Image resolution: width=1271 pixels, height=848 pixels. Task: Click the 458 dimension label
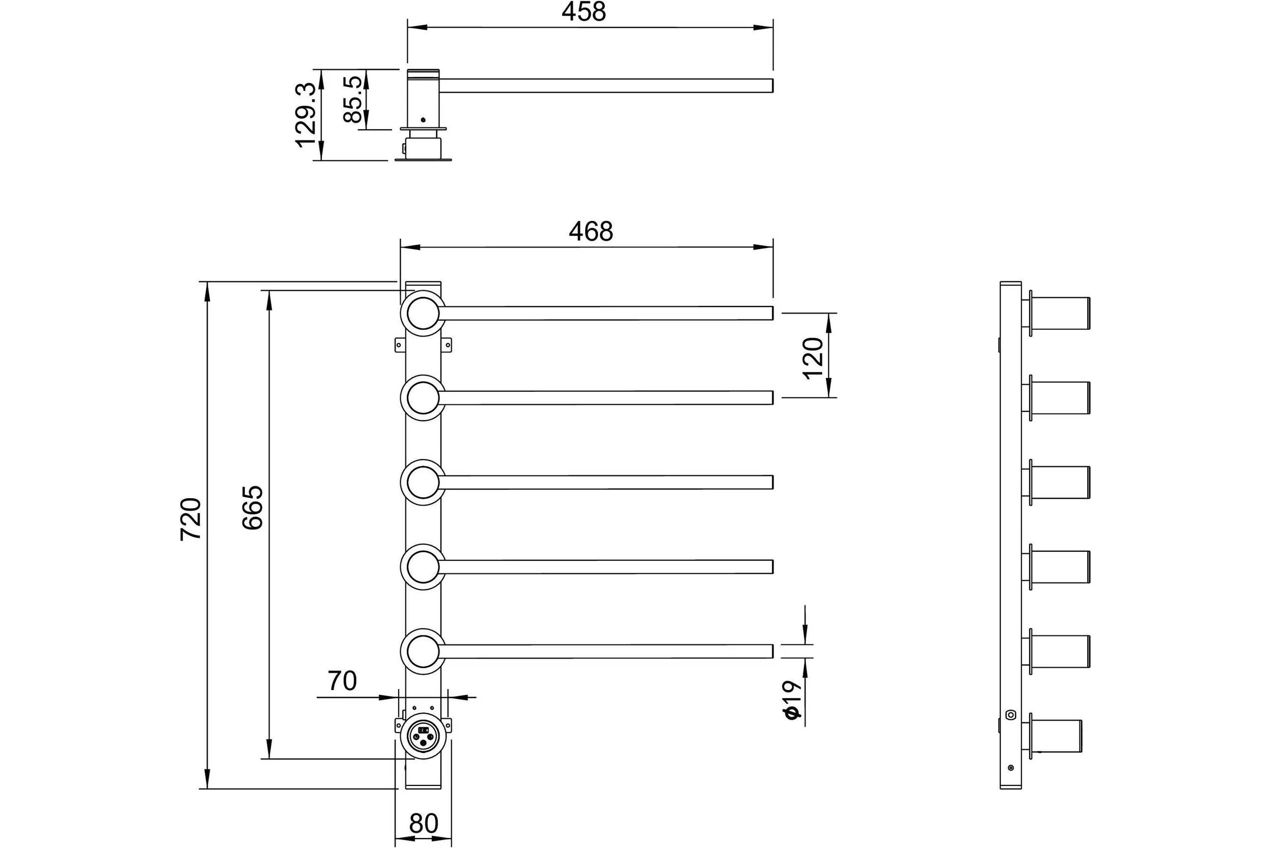tap(584, 12)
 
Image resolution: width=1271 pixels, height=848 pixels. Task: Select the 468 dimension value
tap(590, 232)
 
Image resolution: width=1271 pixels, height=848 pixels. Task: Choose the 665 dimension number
tap(253, 507)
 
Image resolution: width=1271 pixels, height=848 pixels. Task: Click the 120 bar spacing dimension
tap(813, 358)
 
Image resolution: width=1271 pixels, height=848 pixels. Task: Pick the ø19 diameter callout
tap(792, 700)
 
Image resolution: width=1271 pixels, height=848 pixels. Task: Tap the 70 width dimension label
tap(342, 682)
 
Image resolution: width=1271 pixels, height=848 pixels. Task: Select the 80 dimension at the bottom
tap(424, 824)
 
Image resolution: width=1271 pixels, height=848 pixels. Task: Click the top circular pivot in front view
tap(423, 313)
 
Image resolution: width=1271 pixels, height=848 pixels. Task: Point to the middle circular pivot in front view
tap(423, 482)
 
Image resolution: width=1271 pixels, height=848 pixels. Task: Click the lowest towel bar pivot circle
tap(423, 652)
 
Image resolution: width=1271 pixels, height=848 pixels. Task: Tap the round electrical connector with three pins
tap(423, 737)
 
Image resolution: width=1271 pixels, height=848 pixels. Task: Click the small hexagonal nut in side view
tap(1010, 714)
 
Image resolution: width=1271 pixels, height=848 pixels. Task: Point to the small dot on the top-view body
tap(423, 120)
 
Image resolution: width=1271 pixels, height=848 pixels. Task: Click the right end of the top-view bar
tap(773, 85)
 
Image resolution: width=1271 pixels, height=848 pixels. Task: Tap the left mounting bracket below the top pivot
tap(400, 344)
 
